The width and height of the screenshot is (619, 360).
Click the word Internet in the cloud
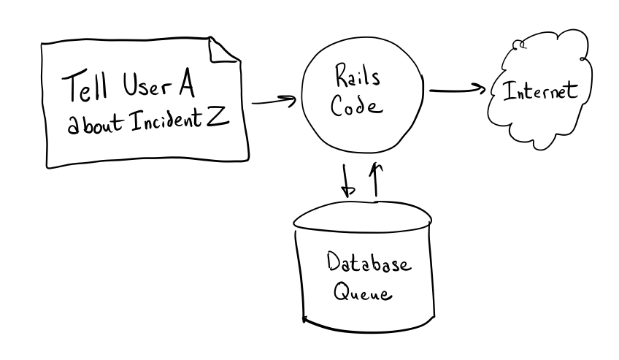click(539, 93)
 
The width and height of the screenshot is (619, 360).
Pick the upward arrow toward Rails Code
click(377, 180)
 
